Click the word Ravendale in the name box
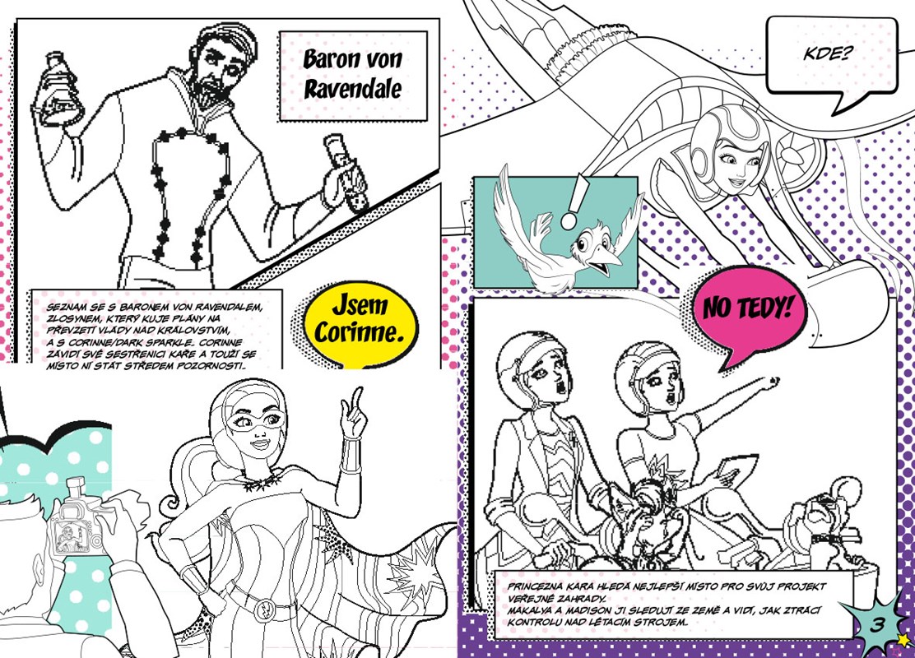[352, 90]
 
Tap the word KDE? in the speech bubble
[828, 54]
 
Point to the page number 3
[877, 625]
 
